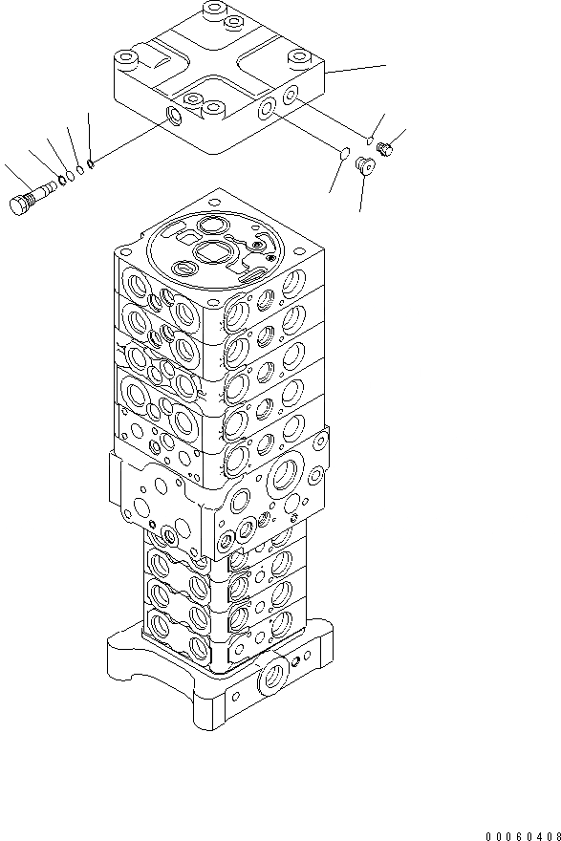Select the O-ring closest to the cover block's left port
coord(90,162)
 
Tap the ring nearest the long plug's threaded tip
coord(62,179)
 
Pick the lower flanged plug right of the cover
coord(363,166)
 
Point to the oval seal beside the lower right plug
coord(341,150)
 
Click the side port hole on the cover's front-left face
coord(174,117)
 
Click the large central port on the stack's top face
coord(211,254)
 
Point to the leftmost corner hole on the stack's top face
coord(129,243)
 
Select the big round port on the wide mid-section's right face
coord(284,475)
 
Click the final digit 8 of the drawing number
coord(554,832)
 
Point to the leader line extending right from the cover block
coord(357,68)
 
